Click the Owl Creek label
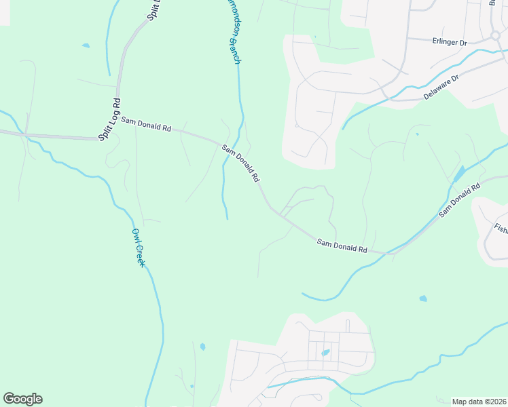(139, 246)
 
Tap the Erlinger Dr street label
(450, 42)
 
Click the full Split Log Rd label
(109, 119)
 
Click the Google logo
(22, 399)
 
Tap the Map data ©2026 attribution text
(479, 402)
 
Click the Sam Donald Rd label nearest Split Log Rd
(146, 125)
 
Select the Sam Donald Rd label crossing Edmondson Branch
(241, 163)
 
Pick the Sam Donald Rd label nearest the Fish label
(460, 199)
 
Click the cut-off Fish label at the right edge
(501, 229)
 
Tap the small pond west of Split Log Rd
(86, 46)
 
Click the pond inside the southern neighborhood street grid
(325, 353)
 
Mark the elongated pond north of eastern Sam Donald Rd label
(459, 174)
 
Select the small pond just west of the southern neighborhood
(202, 347)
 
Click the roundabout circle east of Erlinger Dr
(496, 35)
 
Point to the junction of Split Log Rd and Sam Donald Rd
(98, 138)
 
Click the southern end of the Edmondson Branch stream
(227, 218)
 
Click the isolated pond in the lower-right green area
(423, 298)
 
